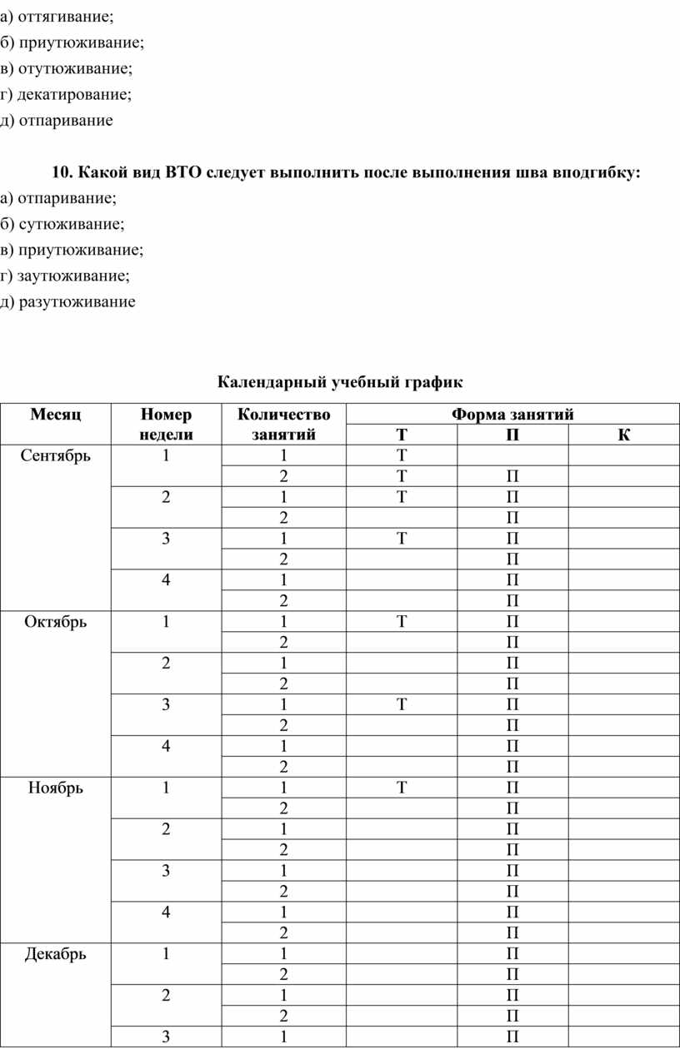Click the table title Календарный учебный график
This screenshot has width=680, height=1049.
[340, 382]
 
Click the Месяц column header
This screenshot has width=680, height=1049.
[56, 414]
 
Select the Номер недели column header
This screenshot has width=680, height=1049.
[167, 424]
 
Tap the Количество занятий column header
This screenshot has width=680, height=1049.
[283, 424]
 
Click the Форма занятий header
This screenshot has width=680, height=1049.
[512, 414]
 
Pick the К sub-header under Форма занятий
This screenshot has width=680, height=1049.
[624, 435]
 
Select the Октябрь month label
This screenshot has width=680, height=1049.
[56, 622]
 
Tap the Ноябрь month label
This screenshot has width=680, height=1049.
[56, 788]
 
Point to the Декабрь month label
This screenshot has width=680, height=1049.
[56, 954]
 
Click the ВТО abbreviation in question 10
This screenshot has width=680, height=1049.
[184, 172]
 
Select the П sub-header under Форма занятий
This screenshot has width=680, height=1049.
[512, 435]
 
